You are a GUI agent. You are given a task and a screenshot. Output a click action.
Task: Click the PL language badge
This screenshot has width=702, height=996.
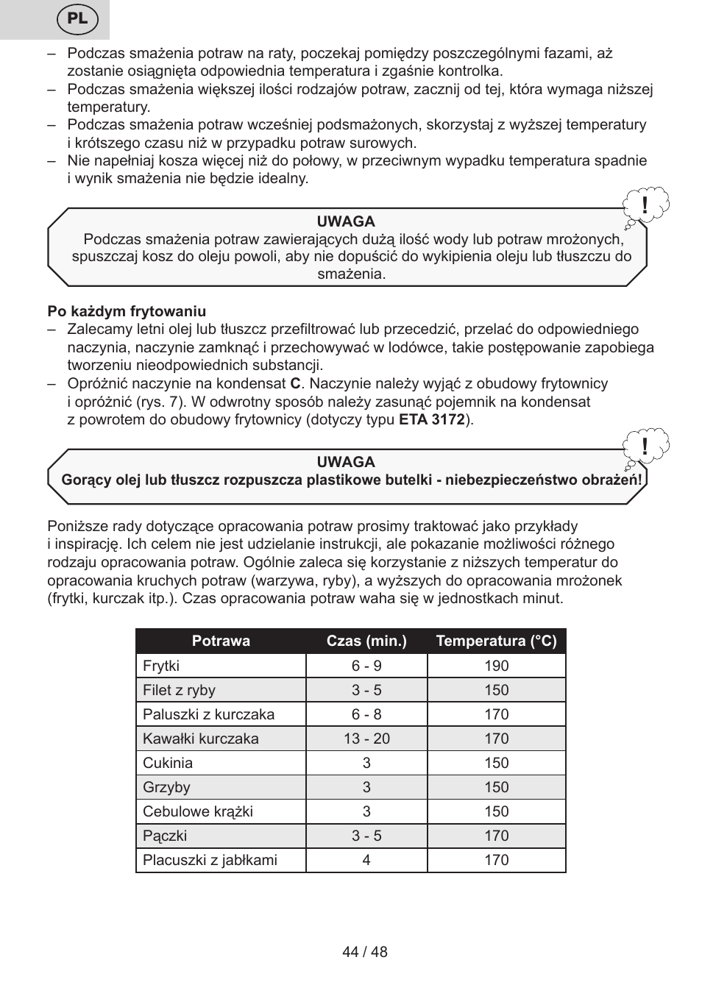77,19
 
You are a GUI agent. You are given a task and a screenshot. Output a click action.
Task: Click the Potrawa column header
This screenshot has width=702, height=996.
221,641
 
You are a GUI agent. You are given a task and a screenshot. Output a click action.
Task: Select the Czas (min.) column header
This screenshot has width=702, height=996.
366,641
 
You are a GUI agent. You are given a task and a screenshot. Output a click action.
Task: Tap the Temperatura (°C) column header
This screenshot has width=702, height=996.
496,641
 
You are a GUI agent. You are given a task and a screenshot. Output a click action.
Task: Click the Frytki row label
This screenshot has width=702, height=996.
161,666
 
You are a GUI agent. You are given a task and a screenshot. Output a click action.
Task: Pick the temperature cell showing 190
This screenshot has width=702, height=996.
497,666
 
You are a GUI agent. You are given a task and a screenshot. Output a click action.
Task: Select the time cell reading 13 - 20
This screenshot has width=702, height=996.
366,739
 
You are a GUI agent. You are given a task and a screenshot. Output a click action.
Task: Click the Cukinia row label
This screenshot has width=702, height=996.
168,763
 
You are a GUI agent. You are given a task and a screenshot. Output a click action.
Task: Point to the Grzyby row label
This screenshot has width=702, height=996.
166,787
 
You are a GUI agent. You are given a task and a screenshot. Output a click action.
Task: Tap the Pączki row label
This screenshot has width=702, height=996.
165,836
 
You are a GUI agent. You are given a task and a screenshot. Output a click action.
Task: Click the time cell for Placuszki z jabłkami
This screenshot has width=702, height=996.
366,860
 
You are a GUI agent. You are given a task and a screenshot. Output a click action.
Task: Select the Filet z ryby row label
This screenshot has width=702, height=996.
179,690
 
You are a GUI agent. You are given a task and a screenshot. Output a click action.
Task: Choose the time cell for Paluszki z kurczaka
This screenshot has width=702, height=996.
366,714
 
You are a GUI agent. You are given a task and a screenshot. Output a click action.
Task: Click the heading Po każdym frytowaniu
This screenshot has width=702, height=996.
127,311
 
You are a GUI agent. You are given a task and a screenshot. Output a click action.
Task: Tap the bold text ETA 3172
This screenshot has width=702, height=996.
431,419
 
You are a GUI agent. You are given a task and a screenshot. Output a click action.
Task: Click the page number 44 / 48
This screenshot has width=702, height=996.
365,952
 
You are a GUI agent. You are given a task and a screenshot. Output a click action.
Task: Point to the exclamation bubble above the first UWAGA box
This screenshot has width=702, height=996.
645,206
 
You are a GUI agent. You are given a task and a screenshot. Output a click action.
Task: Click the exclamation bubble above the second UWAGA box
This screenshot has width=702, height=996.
645,447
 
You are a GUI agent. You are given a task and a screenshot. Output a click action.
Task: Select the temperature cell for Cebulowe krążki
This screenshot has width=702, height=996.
497,811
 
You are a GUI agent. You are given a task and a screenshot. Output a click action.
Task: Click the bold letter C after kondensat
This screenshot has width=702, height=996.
295,383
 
